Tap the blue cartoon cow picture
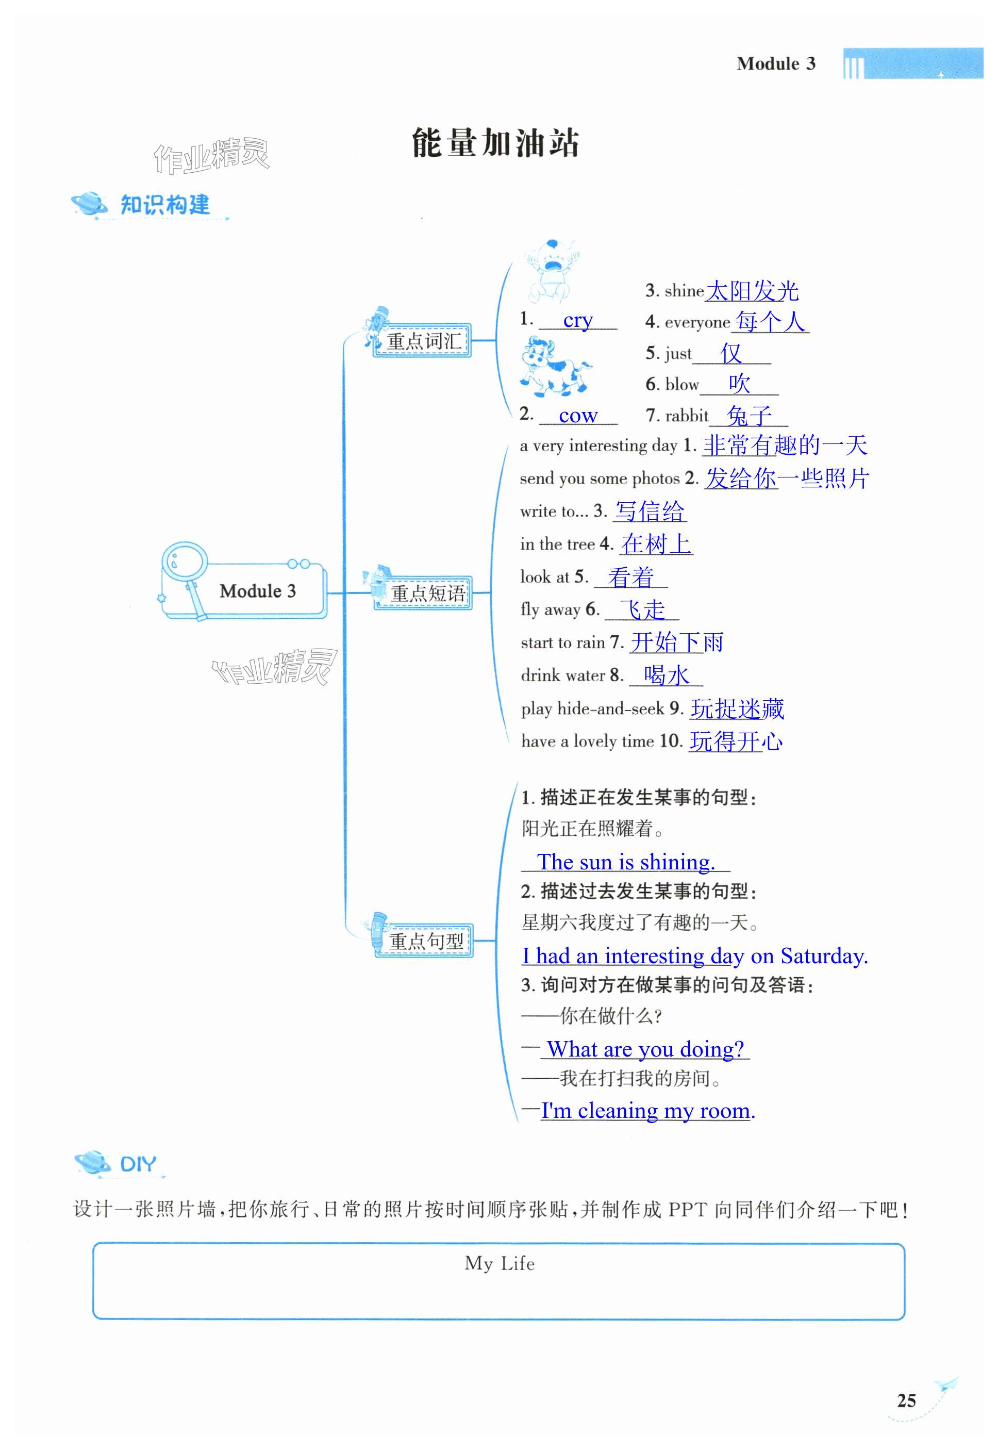pyautogui.click(x=553, y=367)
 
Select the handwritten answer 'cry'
pyautogui.click(x=578, y=320)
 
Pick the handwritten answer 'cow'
pyautogui.click(x=578, y=415)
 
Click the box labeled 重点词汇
pyautogui.click(x=423, y=341)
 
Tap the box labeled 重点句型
pyautogui.click(x=425, y=941)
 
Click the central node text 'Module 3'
pyautogui.click(x=257, y=591)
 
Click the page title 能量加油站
pyautogui.click(x=495, y=143)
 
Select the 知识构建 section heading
pyautogui.click(x=164, y=205)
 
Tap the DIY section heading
pyautogui.click(x=138, y=1164)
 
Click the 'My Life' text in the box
pyautogui.click(x=499, y=1263)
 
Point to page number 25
pyautogui.click(x=906, y=1400)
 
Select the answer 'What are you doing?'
pyautogui.click(x=645, y=1049)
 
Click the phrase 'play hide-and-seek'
pyautogui.click(x=592, y=708)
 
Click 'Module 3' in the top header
pyautogui.click(x=775, y=64)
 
